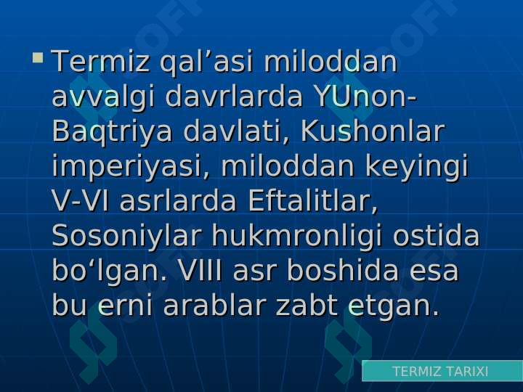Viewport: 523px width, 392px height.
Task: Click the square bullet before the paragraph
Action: coord(38,57)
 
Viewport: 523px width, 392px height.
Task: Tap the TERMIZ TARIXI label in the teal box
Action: coord(440,371)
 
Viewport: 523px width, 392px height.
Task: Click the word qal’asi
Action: coord(206,62)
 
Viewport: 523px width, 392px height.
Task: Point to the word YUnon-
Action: coord(365,97)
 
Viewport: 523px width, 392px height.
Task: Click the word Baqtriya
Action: coord(112,132)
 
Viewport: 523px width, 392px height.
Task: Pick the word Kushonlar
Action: coord(373,131)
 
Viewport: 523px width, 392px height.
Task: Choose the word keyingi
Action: coord(417,167)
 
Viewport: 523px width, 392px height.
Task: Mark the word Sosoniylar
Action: coord(126,237)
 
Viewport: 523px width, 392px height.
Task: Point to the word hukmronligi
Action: coord(296,237)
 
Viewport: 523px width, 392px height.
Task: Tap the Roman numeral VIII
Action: coord(200,270)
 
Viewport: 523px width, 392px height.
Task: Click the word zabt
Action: coord(307,305)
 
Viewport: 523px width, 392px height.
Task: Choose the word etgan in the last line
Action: coord(394,306)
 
